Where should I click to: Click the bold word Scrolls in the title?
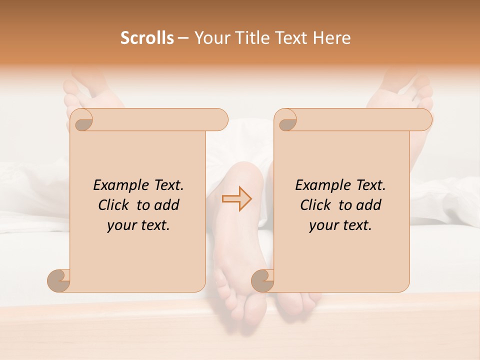click(x=147, y=38)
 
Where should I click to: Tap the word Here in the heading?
click(x=331, y=38)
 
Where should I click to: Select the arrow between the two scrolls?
click(x=236, y=198)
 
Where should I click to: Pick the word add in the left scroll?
click(x=166, y=205)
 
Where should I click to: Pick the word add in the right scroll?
click(x=368, y=205)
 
